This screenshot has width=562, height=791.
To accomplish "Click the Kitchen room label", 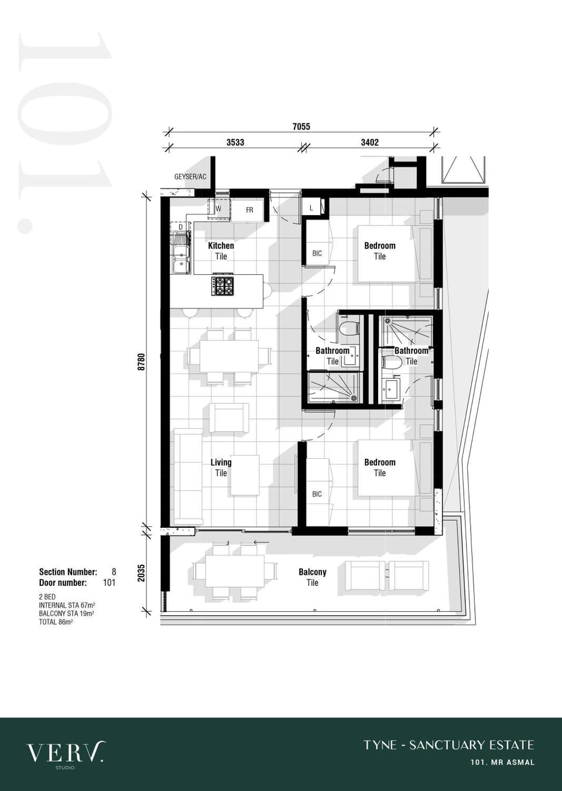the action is click(x=221, y=246).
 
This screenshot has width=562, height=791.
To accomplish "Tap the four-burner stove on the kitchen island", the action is click(x=222, y=286).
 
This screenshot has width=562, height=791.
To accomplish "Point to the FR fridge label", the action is click(x=249, y=210).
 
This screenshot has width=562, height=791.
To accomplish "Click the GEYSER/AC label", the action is click(x=190, y=176).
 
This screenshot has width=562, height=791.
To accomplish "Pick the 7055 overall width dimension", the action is click(x=301, y=127).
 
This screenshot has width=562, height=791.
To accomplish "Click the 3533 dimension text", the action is click(x=235, y=142).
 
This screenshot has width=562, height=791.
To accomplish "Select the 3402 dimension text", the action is click(x=370, y=142).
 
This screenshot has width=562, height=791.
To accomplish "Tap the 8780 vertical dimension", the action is click(x=142, y=362).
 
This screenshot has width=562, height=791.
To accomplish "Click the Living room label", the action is click(x=221, y=462).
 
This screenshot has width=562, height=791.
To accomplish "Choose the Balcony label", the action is click(x=312, y=572).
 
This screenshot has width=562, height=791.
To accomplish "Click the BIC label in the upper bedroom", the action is click(x=317, y=253).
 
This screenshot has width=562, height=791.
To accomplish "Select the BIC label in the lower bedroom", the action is click(x=317, y=494).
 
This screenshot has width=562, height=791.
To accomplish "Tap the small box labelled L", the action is click(x=311, y=209).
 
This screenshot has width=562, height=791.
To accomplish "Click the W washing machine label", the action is click(x=218, y=209).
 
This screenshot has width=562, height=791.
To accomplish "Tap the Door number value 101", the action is click(x=109, y=582).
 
